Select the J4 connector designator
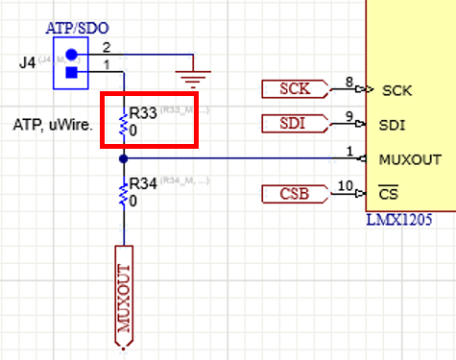[x=27, y=63]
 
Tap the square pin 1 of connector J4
[x=71, y=71]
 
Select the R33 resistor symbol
[x=123, y=121]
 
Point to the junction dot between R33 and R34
[x=123, y=157]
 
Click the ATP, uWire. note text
[x=54, y=124]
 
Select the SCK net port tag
[x=294, y=89]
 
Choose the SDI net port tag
[x=294, y=124]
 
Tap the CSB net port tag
[x=294, y=196]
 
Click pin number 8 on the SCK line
[x=348, y=83]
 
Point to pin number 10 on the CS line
[x=346, y=186]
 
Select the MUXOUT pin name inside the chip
[x=411, y=159]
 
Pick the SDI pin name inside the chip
[x=392, y=125]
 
